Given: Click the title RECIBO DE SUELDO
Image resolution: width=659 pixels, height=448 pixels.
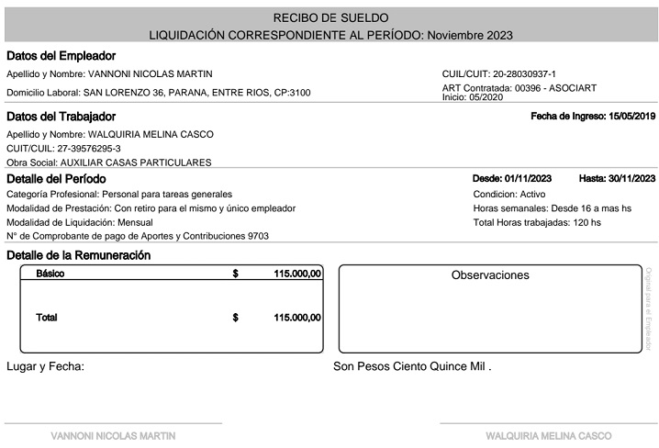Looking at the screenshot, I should point(330,17).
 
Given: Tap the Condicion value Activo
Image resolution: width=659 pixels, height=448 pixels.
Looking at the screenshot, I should point(532,195).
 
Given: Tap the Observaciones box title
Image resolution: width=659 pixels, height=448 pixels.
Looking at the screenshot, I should point(490,275).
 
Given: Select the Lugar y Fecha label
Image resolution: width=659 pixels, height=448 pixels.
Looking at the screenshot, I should point(45,366).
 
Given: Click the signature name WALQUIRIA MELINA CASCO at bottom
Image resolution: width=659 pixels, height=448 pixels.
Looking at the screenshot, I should point(548,435).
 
